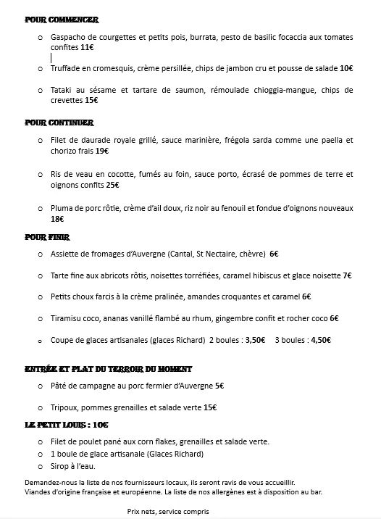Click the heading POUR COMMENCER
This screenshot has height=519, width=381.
click(x=62, y=20)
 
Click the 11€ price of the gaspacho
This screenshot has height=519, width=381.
click(x=87, y=47)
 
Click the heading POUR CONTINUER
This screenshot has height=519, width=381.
click(x=59, y=123)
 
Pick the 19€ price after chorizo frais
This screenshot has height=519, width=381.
click(x=101, y=151)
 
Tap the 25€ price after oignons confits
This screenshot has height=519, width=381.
click(x=112, y=185)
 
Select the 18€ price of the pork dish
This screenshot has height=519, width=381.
click(x=57, y=219)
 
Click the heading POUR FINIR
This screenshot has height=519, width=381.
click(x=47, y=236)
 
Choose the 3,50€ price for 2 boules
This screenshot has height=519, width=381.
click(x=254, y=339)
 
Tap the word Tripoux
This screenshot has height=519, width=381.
click(x=66, y=407)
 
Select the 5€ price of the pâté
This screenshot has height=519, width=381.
click(x=219, y=386)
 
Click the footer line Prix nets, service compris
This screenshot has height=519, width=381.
click(x=168, y=510)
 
